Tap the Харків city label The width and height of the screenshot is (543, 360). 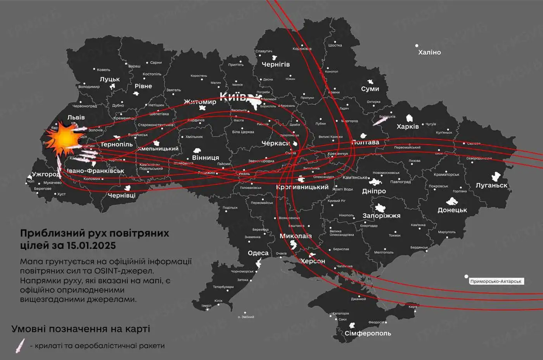click(408, 126)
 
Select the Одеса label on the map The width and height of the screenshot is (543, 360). click(258, 253)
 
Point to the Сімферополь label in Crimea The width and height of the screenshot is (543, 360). click(368, 333)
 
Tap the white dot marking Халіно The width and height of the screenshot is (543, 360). click(417, 46)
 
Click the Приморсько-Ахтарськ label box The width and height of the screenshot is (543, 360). click(496, 281)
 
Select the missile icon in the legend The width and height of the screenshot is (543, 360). click(20, 345)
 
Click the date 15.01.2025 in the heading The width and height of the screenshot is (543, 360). click(91, 245)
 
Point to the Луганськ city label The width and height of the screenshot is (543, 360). click(491, 185)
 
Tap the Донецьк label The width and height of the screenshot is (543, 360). click(452, 210)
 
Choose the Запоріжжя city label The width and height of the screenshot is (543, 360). click(381, 215)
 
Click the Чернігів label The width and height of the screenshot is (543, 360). click(275, 64)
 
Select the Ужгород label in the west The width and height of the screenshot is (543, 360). click(46, 174)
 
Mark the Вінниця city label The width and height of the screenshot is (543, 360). click(206, 158)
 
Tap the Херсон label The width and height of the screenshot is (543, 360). click(313, 261)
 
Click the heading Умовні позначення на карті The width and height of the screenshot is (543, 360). click(81, 329)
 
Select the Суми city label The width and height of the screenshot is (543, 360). click(370, 89)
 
